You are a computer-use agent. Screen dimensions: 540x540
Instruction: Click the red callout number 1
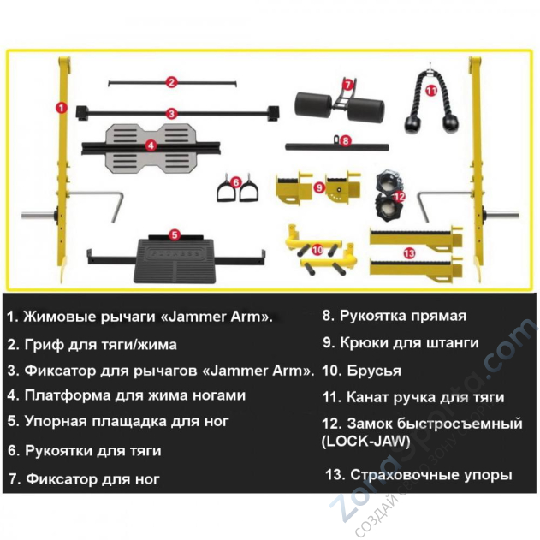(x=61, y=108)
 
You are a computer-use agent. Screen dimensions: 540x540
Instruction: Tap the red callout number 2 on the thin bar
(x=171, y=83)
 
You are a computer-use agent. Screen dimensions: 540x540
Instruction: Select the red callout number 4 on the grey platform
(x=151, y=145)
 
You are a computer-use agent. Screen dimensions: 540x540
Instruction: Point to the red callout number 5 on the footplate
(x=174, y=234)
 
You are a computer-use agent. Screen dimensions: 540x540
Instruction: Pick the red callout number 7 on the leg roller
(x=348, y=85)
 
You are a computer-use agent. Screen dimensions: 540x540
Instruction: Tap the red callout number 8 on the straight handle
(x=345, y=139)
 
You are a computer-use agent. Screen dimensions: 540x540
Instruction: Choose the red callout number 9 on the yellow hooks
(x=318, y=187)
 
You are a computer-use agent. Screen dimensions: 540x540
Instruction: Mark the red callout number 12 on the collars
(x=398, y=195)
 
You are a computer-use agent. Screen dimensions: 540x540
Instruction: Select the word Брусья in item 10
(x=375, y=371)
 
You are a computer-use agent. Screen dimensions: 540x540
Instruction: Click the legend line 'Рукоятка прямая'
(x=394, y=316)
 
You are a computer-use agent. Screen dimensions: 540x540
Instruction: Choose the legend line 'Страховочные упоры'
(x=418, y=475)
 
